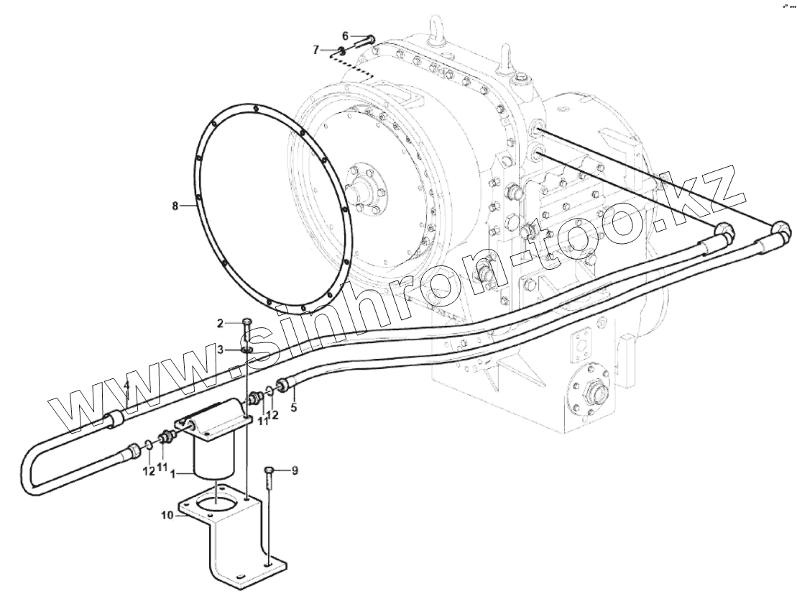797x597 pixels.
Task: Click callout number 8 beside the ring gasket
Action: click(x=174, y=206)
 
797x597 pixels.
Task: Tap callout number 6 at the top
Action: click(x=345, y=35)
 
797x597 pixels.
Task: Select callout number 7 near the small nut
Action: click(x=315, y=50)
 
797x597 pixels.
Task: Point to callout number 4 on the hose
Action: click(x=126, y=386)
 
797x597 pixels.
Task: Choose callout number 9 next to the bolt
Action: click(x=294, y=471)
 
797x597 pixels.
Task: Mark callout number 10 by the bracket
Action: click(x=167, y=515)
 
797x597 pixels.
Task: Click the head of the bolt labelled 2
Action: click(x=247, y=322)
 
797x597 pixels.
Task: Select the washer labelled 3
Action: click(x=247, y=350)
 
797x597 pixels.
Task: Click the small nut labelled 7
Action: click(x=342, y=51)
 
